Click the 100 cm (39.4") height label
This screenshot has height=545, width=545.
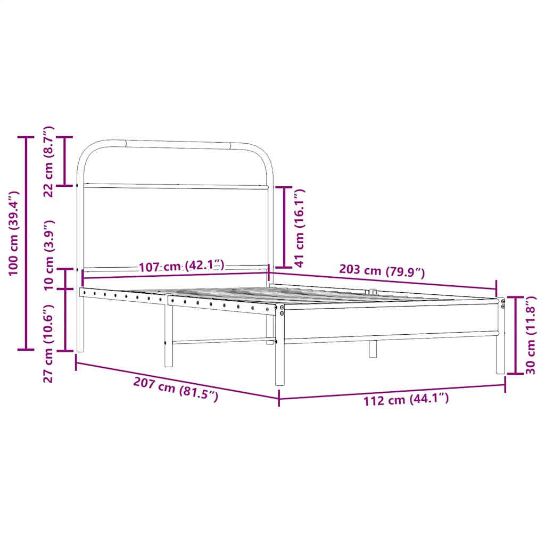coord(14,233)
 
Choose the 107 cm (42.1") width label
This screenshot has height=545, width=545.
coord(182,266)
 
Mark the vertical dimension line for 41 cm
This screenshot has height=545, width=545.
coord(284,227)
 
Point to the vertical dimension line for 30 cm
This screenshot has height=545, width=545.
coord(515,335)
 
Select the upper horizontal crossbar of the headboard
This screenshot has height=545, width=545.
coord(176,186)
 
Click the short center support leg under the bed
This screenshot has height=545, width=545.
coord(373,349)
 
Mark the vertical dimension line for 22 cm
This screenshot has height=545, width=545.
coord(65,161)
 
